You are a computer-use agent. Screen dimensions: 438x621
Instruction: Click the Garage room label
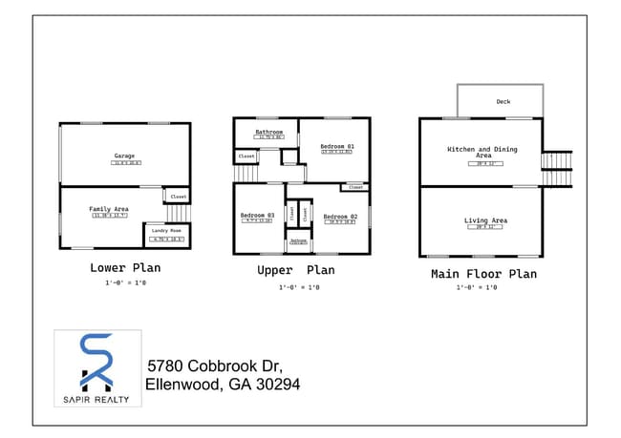(124, 156)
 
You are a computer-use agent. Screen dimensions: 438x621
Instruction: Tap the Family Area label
(109, 208)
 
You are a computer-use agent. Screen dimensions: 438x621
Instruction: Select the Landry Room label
(166, 231)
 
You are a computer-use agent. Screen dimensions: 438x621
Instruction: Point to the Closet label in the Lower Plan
(178, 197)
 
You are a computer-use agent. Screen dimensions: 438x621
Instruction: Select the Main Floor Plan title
(482, 274)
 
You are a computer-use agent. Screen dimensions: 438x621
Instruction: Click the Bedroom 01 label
(336, 145)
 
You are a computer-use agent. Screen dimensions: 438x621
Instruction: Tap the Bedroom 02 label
(340, 217)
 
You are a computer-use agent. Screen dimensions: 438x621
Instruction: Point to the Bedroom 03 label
(257, 215)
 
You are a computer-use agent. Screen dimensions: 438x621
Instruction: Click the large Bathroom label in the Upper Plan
(269, 132)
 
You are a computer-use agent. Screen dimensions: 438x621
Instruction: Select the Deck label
(503, 101)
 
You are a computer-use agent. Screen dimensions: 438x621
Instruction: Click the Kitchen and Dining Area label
(482, 152)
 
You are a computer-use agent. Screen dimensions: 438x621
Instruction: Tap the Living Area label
(484, 220)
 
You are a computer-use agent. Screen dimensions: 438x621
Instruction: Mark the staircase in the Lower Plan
(180, 213)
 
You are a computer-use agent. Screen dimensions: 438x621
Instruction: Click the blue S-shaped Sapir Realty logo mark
(96, 361)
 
